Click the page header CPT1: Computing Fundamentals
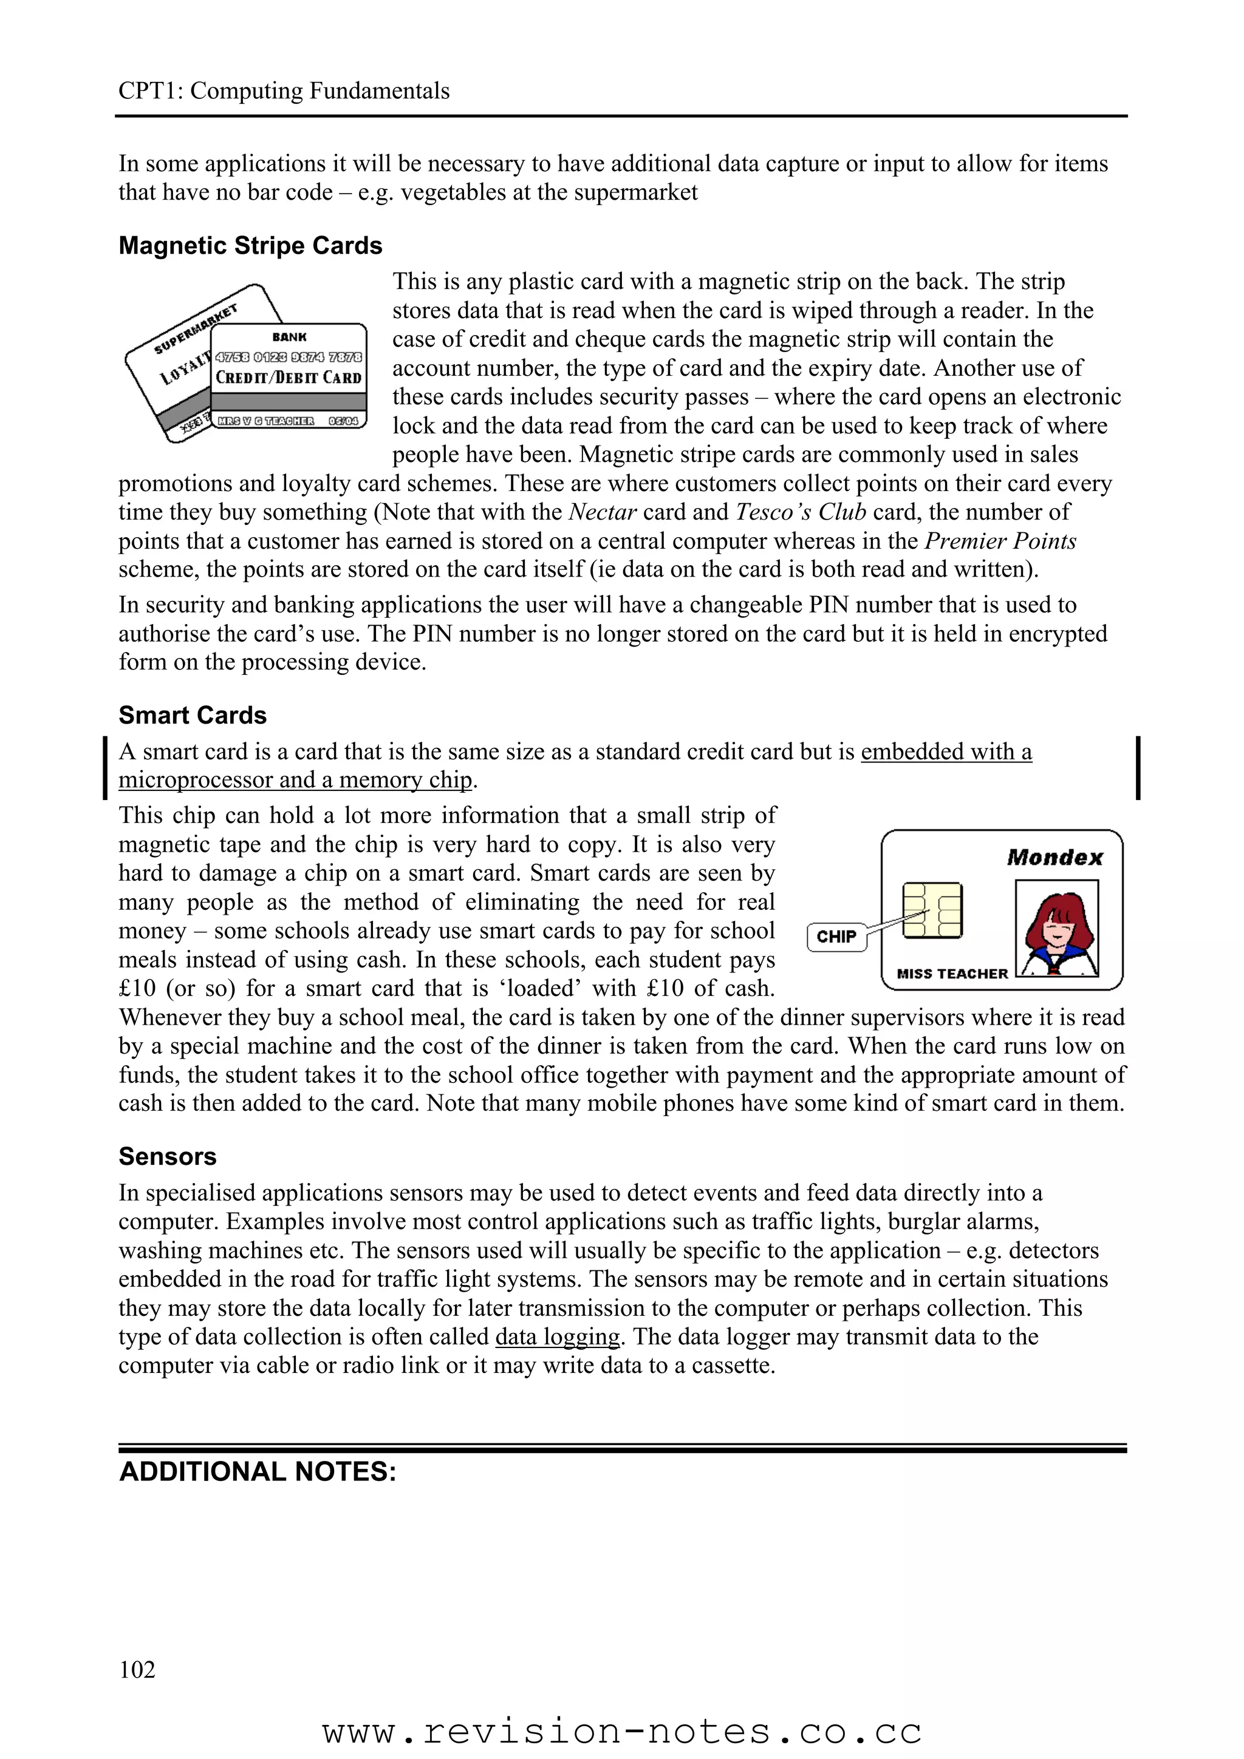(284, 91)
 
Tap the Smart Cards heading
(193, 716)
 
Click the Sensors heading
(167, 1157)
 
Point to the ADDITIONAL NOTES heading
(258, 1472)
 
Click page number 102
(137, 1669)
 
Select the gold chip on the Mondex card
(932, 910)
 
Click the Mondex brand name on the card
(1054, 857)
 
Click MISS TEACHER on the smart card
(952, 974)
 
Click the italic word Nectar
(603, 512)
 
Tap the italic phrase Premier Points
(1000, 541)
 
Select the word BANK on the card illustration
(289, 337)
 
